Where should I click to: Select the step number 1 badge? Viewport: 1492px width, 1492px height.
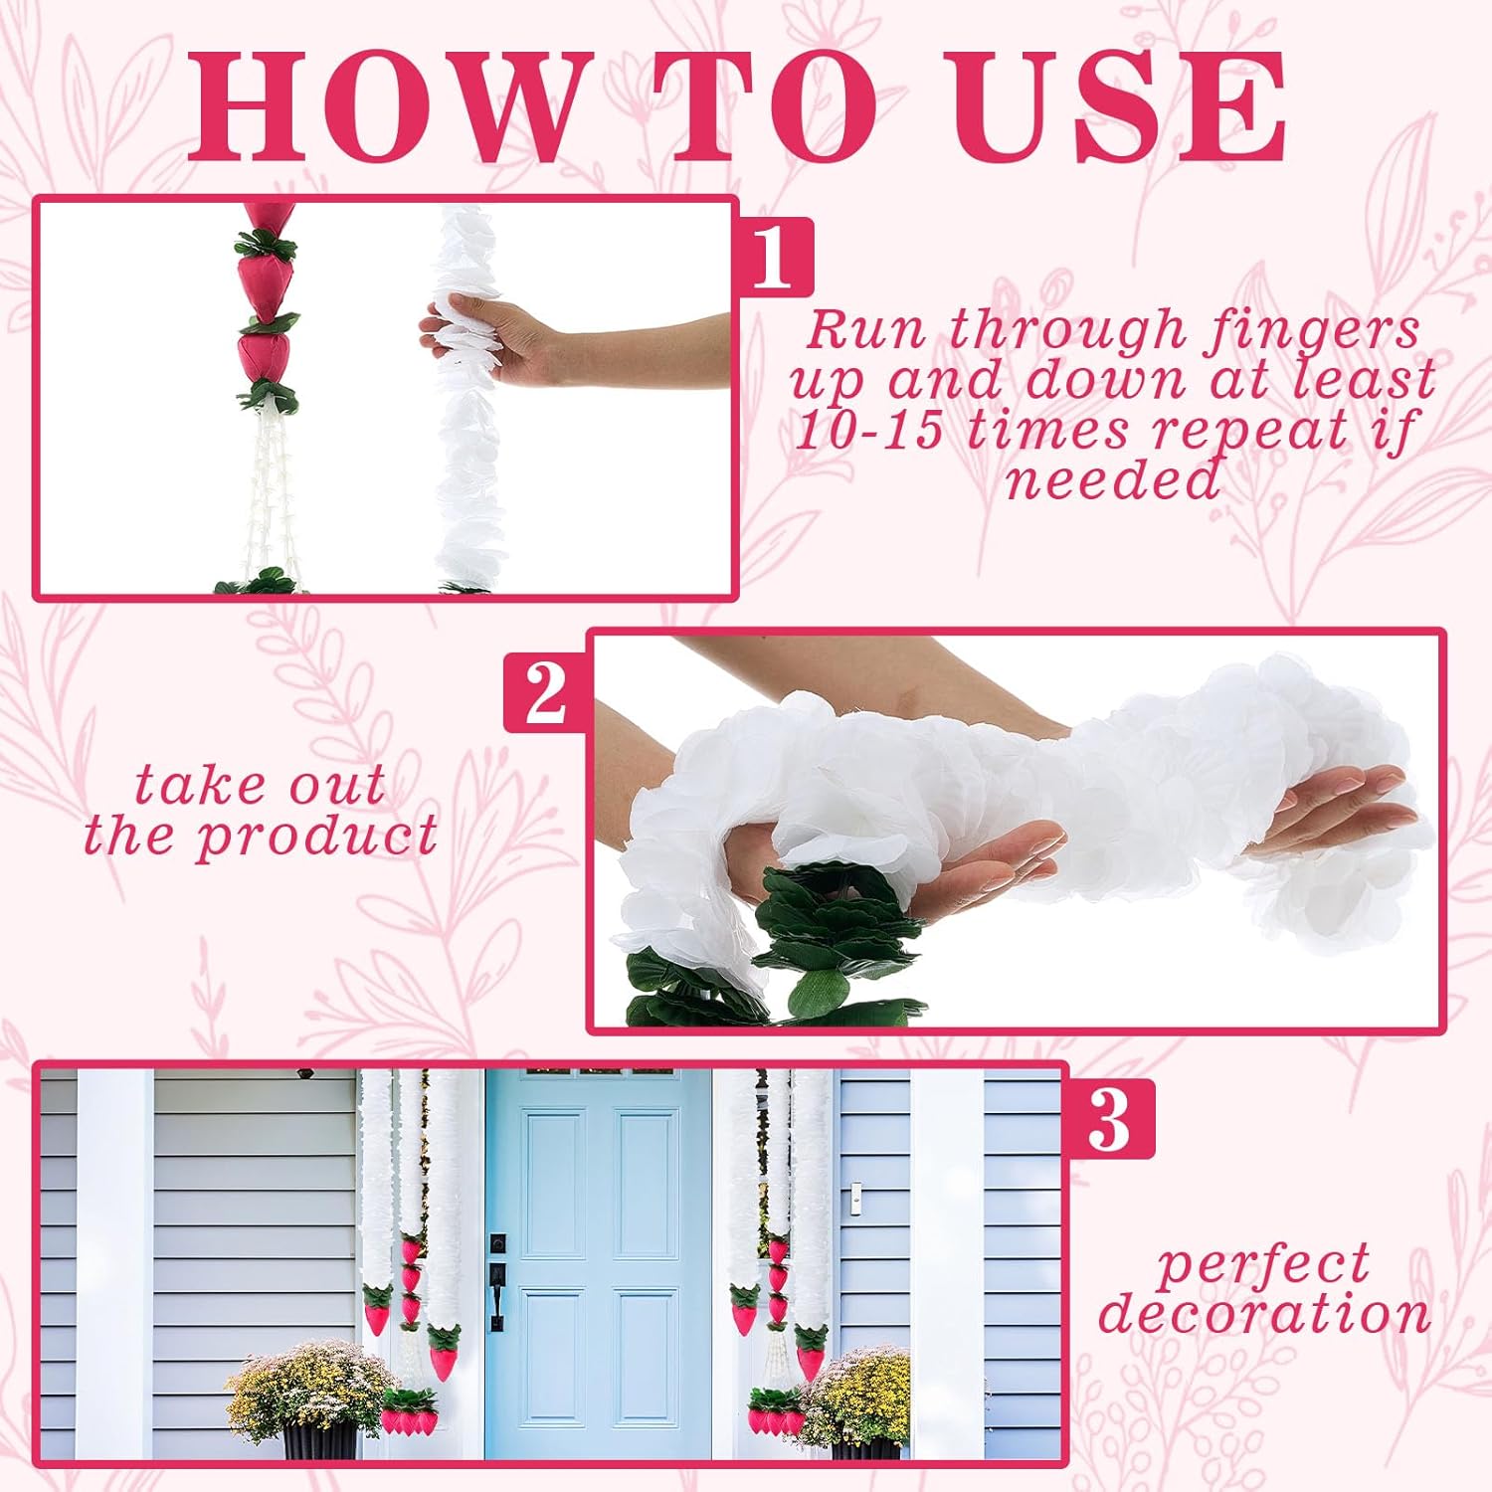[773, 257]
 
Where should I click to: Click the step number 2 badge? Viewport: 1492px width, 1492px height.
[546, 692]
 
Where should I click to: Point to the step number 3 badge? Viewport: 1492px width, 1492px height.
[1109, 1119]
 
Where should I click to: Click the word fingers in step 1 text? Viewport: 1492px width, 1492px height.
[1311, 329]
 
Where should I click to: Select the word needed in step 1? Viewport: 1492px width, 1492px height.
[1113, 480]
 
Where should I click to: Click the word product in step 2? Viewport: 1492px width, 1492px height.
[317, 837]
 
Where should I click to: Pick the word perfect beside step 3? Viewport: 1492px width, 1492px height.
[1264, 1265]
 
